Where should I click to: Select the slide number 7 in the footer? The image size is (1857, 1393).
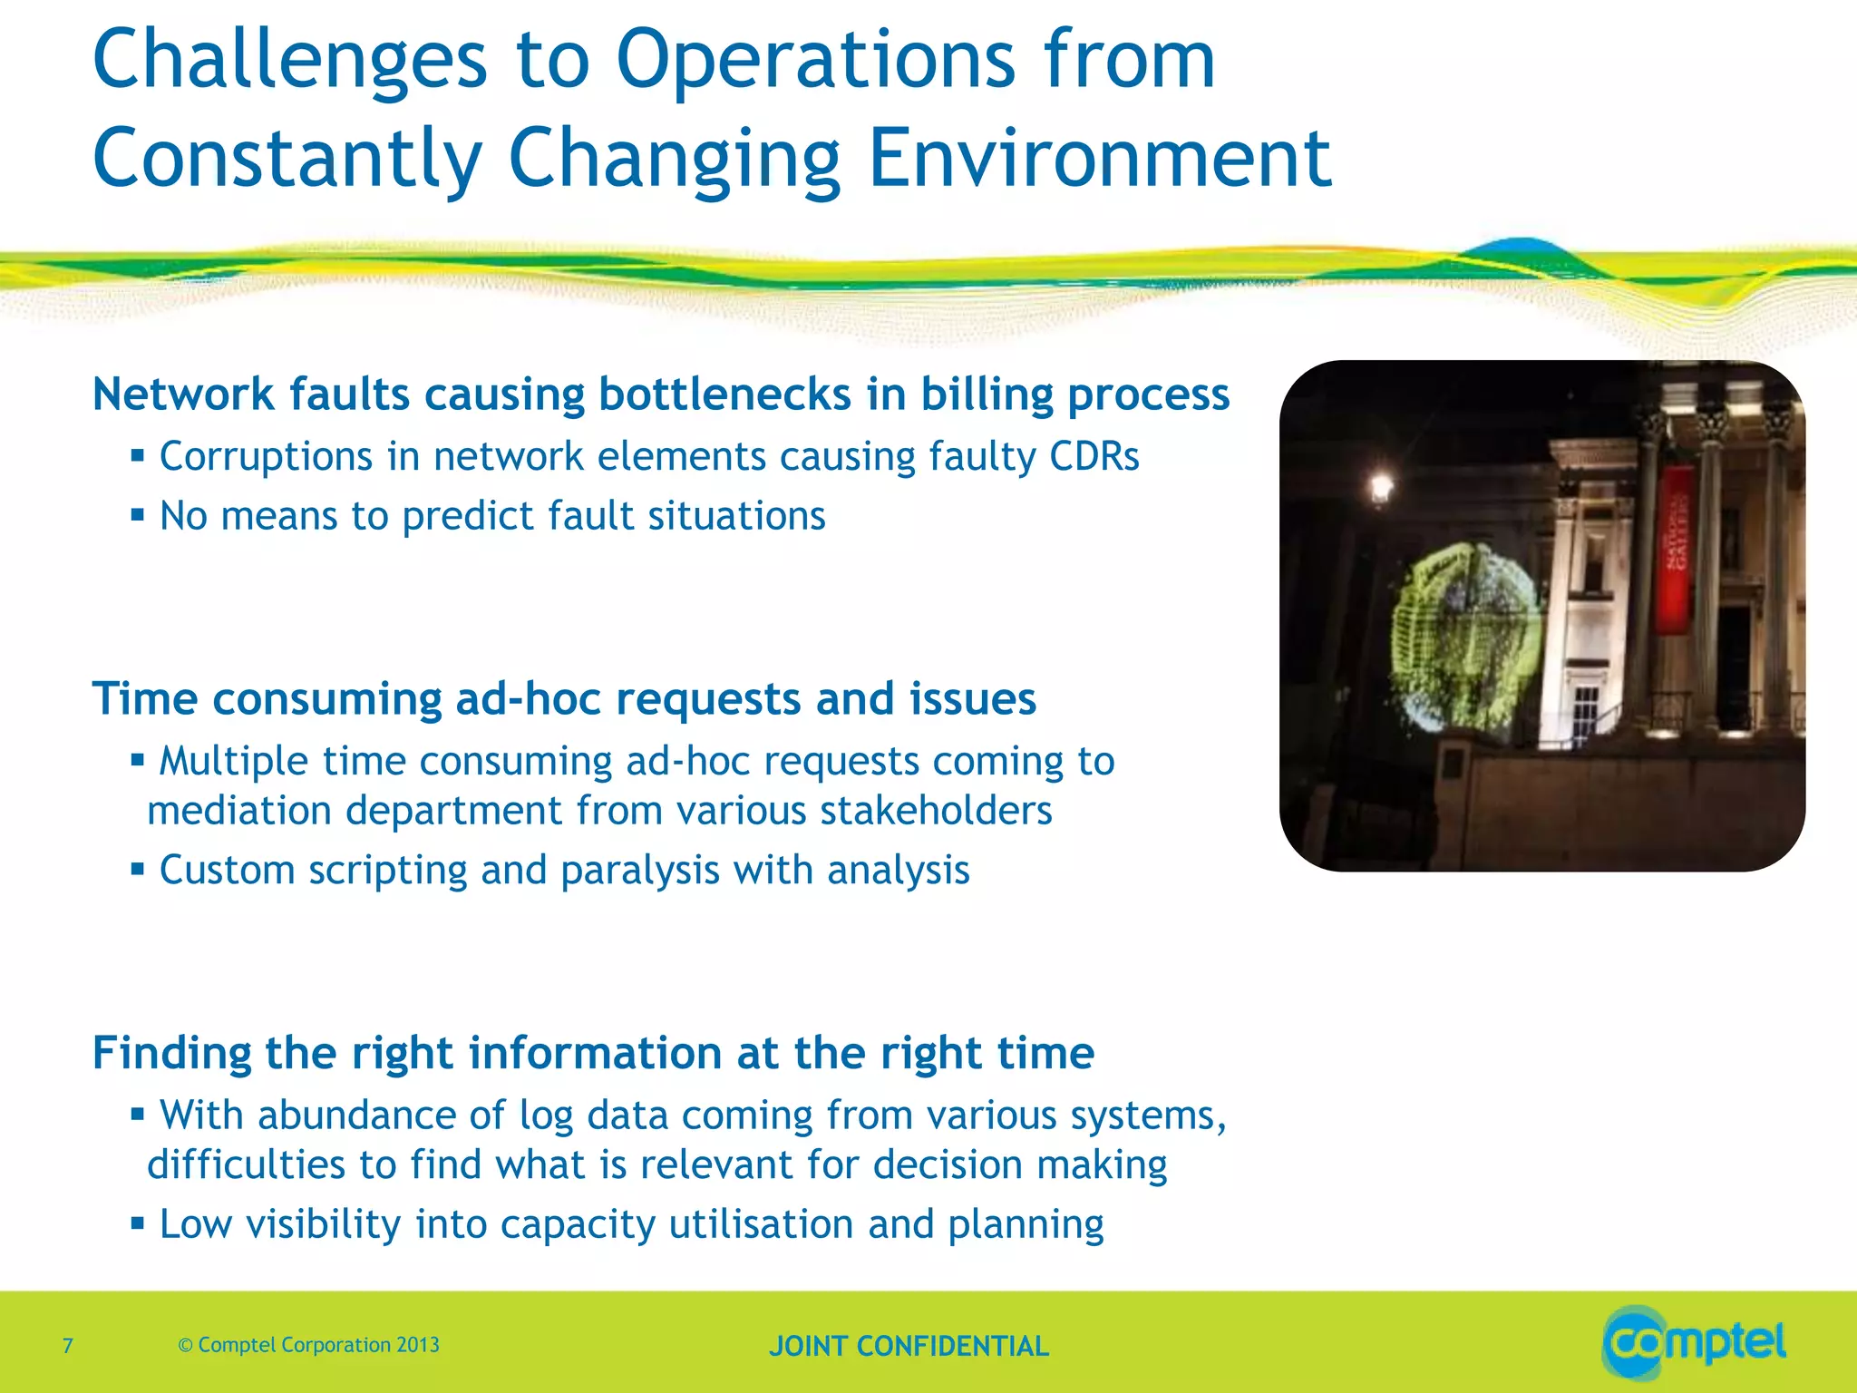pyautogui.click(x=68, y=1345)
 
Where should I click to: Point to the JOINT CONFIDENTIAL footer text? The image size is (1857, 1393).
pyautogui.click(x=909, y=1346)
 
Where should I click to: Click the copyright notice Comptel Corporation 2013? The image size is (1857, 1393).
pyautogui.click(x=309, y=1345)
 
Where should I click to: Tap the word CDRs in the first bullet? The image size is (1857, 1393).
pyautogui.click(x=1094, y=456)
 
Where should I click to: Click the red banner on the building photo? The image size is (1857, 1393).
pyautogui.click(x=1675, y=549)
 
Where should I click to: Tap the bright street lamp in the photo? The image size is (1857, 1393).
pyautogui.click(x=1382, y=488)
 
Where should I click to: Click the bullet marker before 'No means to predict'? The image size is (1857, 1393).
pyautogui.click(x=138, y=515)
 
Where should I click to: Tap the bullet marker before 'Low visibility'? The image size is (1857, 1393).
pyautogui.click(x=138, y=1223)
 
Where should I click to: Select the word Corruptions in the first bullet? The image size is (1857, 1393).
pyautogui.click(x=266, y=456)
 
